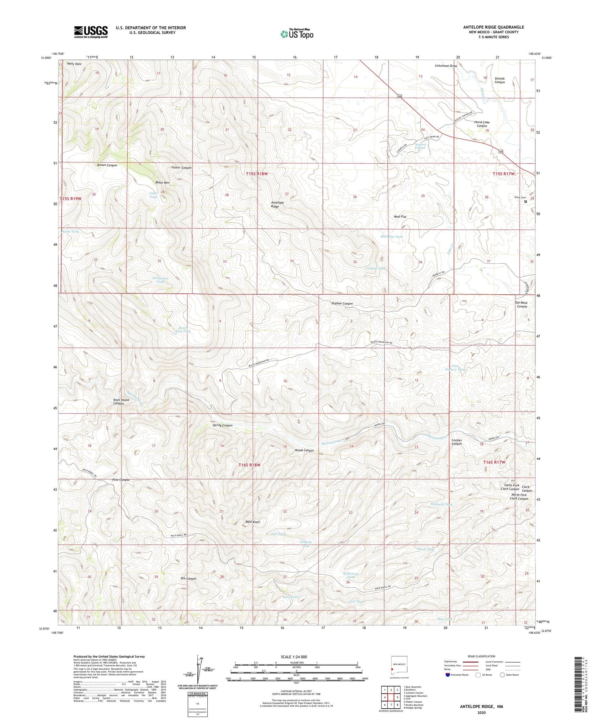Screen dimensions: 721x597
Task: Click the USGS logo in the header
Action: tap(91, 32)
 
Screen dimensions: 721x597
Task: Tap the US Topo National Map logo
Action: tap(297, 34)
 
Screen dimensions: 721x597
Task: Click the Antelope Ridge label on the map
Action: tap(277, 204)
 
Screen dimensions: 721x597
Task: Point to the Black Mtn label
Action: tap(162, 183)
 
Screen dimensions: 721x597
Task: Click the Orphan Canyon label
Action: tap(342, 303)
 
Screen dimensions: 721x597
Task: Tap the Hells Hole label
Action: tap(74, 64)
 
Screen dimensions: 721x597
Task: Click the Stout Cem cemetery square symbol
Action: tap(525, 202)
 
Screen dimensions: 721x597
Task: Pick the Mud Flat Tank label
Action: tap(392, 237)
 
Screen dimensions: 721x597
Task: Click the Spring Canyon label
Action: tap(222, 425)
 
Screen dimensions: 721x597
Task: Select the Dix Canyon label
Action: tap(188, 579)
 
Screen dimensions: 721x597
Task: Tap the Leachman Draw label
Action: tap(446, 66)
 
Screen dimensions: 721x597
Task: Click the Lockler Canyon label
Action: tap(457, 442)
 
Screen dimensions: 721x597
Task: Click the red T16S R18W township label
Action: tap(250, 465)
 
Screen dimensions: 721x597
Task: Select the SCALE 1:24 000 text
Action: tap(294, 657)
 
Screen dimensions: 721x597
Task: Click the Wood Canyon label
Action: tap(304, 451)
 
